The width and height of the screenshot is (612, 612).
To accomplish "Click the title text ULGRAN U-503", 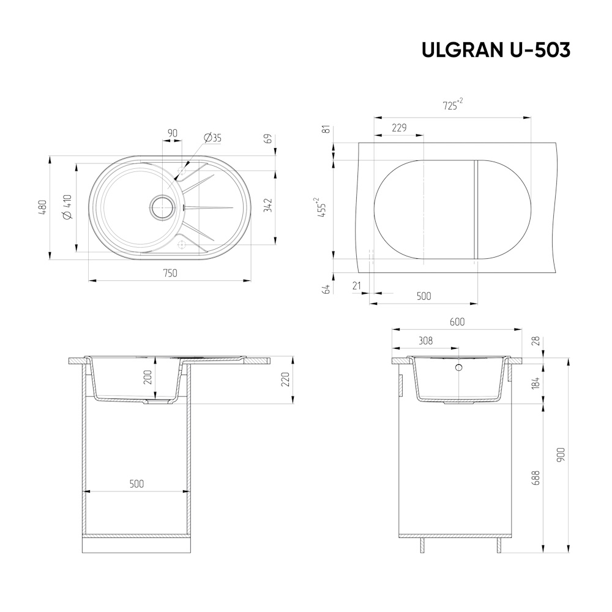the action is (x=496, y=50).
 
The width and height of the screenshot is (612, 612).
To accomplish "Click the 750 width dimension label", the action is (x=170, y=273).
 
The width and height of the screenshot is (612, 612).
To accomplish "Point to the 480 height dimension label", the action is (x=43, y=207).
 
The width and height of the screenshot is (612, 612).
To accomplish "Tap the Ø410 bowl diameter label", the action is (x=67, y=207).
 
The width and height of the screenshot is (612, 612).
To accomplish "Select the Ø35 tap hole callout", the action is (x=212, y=138).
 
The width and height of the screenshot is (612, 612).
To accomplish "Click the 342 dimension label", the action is (x=268, y=206).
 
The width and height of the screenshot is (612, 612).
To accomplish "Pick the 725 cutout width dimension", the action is (x=453, y=105).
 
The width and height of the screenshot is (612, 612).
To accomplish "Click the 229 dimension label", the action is (x=399, y=128).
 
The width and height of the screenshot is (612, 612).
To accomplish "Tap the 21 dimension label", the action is (x=357, y=286).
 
